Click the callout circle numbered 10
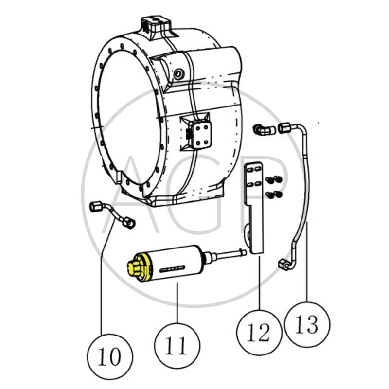pyautogui.click(x=110, y=357)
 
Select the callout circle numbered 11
pyautogui.click(x=177, y=345)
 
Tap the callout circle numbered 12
pyautogui.click(x=258, y=333)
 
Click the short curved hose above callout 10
pyautogui.click(x=113, y=214)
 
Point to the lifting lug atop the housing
pyautogui.click(x=157, y=24)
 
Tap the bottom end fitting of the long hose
pyautogui.click(x=284, y=264)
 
